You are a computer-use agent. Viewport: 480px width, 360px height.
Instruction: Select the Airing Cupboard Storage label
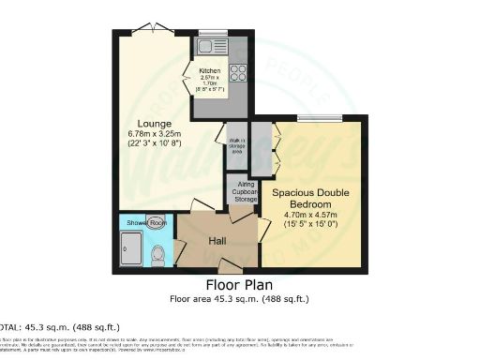(x=245, y=192)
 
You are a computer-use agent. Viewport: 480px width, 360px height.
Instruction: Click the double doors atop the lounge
(x=153, y=29)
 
